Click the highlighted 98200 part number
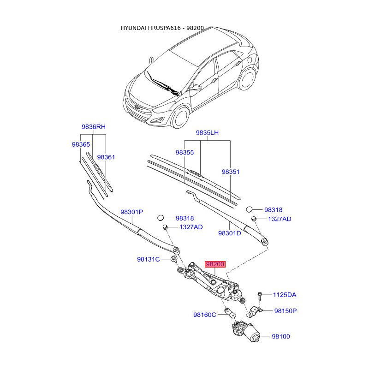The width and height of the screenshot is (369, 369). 215,264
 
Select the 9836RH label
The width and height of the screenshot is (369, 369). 94,126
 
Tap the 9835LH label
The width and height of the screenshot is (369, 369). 207,133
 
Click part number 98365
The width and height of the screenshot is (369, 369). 81,144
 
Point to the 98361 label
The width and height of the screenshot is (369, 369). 106,157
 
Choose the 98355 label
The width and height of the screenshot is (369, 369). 184,152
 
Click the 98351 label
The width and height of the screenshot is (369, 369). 231,172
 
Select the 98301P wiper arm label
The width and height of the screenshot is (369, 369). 132,212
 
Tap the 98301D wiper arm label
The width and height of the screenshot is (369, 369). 230,233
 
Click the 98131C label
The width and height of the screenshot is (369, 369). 148,259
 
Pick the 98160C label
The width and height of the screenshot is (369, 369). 204,315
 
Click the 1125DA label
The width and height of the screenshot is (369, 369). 285,295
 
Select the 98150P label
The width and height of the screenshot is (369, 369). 285,311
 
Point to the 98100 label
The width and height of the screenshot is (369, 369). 280,337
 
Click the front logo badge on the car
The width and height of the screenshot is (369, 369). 137,107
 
